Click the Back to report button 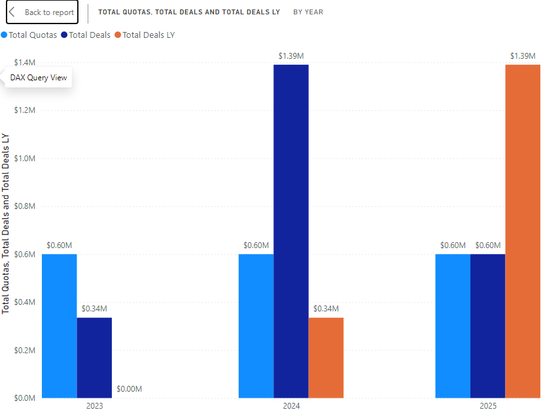coord(42,12)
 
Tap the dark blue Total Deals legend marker coord(64,35)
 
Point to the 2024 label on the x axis coord(291,405)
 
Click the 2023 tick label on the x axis coord(94,405)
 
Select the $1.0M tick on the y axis coord(25,158)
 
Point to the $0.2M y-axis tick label coord(25,350)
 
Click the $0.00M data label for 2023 coord(129,389)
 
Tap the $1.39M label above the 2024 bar coord(291,56)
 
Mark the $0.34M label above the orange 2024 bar coord(326,309)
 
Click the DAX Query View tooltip coord(38,78)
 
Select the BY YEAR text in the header coord(308,12)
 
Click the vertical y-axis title coord(6,223)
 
